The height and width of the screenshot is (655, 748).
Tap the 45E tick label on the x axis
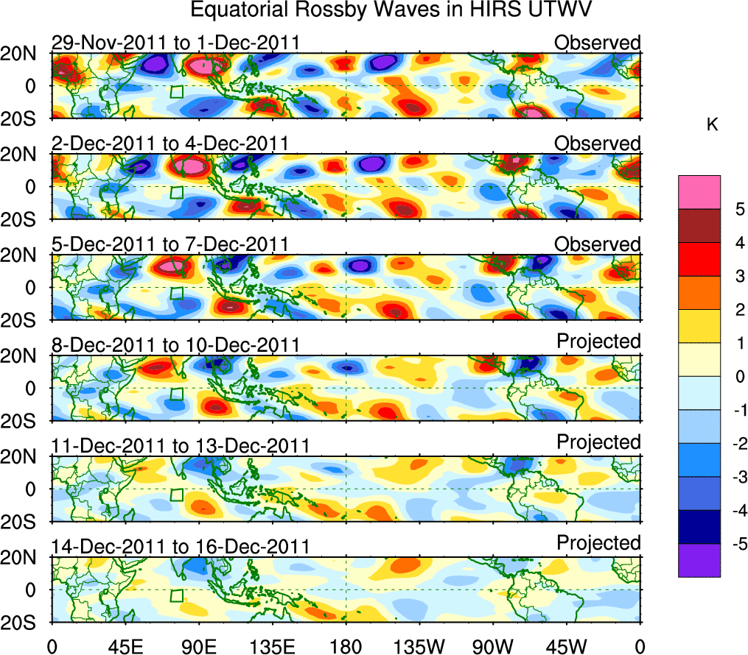pyautogui.click(x=125, y=645)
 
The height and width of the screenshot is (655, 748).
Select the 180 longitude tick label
pyautogui.click(x=346, y=645)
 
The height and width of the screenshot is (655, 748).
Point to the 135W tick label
pyautogui.click(x=419, y=645)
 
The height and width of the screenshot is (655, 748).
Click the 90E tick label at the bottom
pyautogui.click(x=198, y=645)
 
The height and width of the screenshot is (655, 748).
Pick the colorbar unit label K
pyautogui.click(x=712, y=126)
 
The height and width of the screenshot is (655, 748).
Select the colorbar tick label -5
pyautogui.click(x=737, y=544)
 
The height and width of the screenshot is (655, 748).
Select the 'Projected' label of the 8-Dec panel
pyautogui.click(x=598, y=342)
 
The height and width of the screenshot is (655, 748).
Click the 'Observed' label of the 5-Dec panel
pyautogui.click(x=598, y=244)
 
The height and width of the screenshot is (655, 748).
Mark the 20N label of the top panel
pyautogui.click(x=24, y=54)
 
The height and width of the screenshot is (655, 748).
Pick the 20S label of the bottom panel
pyautogui.click(x=24, y=622)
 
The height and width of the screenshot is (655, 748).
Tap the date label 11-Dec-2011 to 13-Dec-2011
pyautogui.click(x=180, y=446)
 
